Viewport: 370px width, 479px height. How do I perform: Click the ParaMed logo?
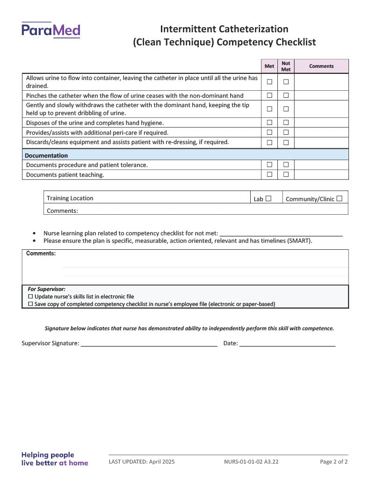pyautogui.click(x=51, y=30)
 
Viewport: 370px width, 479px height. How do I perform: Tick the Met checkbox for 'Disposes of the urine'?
pyautogui.click(x=269, y=123)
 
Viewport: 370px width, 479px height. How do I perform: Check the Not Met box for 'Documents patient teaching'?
pyautogui.click(x=286, y=174)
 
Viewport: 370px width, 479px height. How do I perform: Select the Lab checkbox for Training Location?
pyautogui.click(x=268, y=198)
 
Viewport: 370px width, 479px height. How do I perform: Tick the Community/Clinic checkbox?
pyautogui.click(x=339, y=198)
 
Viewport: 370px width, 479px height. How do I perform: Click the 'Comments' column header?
pyautogui.click(x=321, y=66)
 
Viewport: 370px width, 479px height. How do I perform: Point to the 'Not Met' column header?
pyautogui.click(x=286, y=66)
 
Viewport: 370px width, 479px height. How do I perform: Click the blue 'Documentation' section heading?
pyautogui.click(x=46, y=155)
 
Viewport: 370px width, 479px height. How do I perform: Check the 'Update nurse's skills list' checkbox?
pyautogui.click(x=31, y=297)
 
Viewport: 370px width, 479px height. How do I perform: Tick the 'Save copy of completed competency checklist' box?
pyautogui.click(x=31, y=304)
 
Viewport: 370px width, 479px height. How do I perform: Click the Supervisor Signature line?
pyautogui.click(x=149, y=344)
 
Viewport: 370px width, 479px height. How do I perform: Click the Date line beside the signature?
pyautogui.click(x=287, y=344)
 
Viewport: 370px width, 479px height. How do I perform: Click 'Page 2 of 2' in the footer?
pyautogui.click(x=334, y=462)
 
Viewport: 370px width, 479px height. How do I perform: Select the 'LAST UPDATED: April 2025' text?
pyautogui.click(x=142, y=462)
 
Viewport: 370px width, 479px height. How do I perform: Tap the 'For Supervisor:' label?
pyautogui.click(x=46, y=289)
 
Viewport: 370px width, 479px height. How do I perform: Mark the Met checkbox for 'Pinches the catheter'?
pyautogui.click(x=269, y=95)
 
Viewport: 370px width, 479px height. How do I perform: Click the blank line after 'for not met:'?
pyautogui.click(x=281, y=233)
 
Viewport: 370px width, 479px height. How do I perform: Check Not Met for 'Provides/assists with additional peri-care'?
pyautogui.click(x=286, y=132)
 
